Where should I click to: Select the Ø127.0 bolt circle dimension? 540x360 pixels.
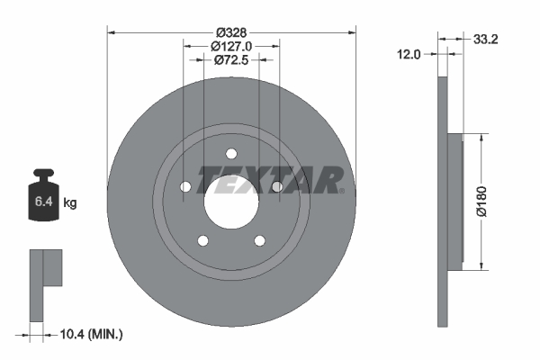pyautogui.click(x=231, y=46)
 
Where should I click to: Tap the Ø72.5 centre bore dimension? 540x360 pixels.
pyautogui.click(x=231, y=60)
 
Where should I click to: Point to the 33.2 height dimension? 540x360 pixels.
pyautogui.click(x=487, y=39)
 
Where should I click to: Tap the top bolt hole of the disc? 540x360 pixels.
pyautogui.click(x=231, y=152)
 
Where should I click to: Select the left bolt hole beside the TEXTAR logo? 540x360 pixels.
pyautogui.click(x=185, y=186)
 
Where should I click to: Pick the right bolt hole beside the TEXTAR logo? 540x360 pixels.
pyautogui.click(x=277, y=186)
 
